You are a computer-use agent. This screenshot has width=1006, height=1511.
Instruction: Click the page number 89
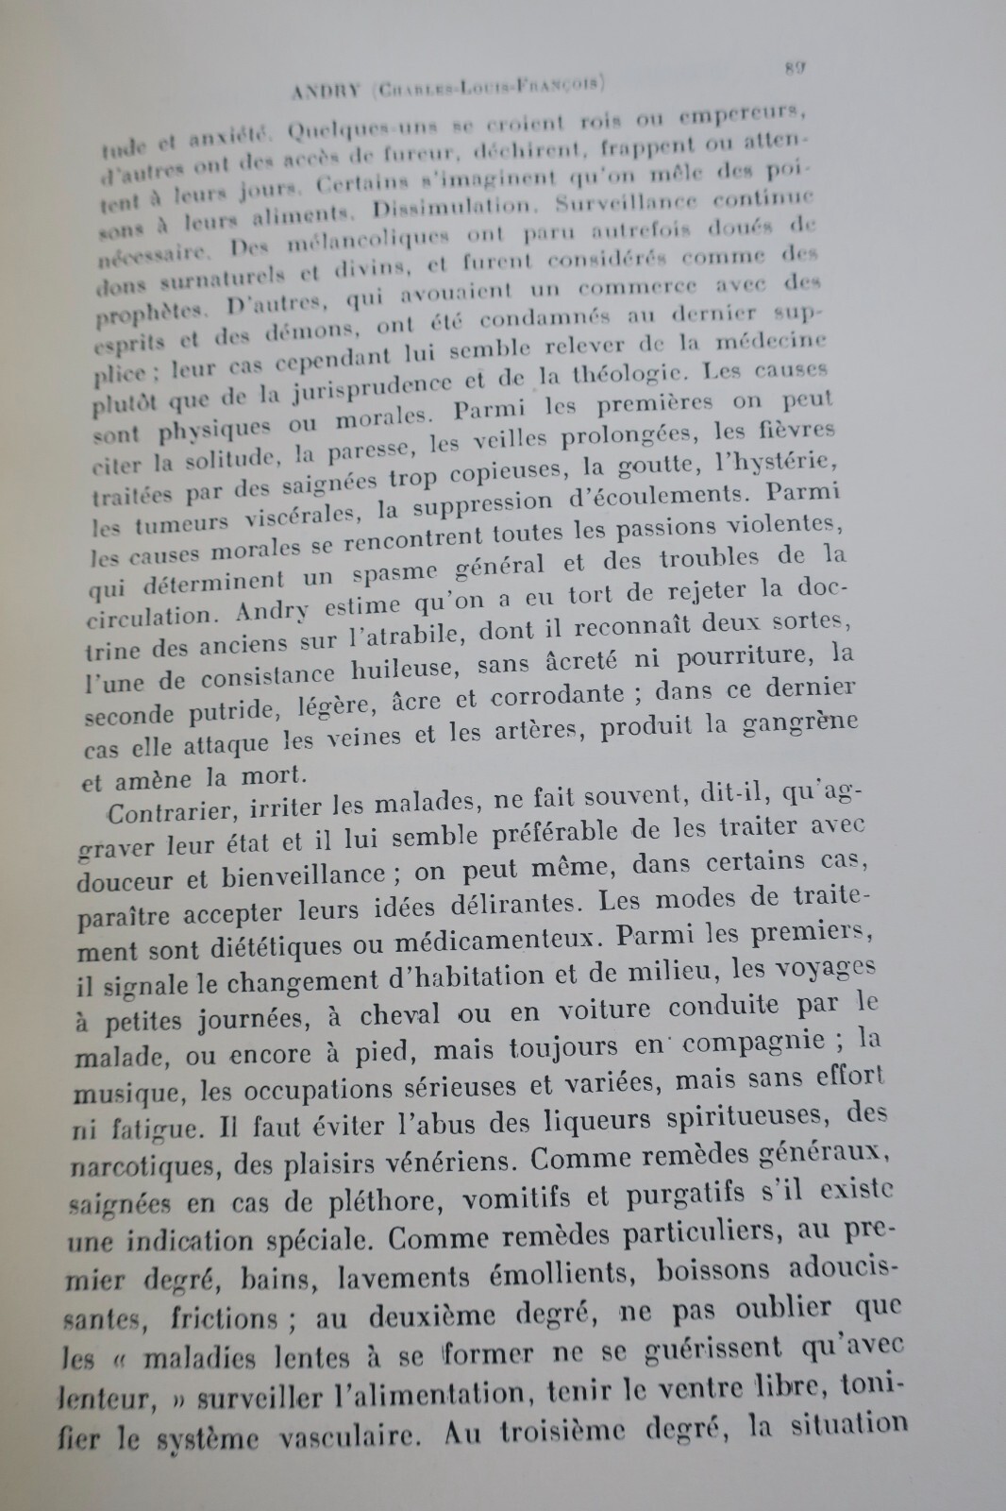(x=795, y=68)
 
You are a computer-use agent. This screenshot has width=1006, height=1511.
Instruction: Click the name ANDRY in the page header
(x=325, y=92)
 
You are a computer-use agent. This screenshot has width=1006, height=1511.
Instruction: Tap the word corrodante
(x=558, y=697)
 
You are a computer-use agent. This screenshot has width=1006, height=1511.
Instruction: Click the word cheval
(x=399, y=1015)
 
